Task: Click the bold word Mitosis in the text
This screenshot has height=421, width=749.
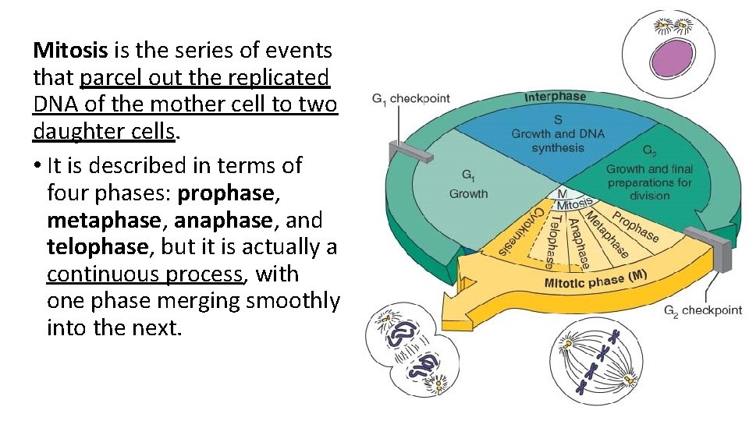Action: tap(71, 51)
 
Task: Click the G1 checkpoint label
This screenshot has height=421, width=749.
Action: tap(411, 98)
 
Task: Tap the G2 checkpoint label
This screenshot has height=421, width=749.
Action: tap(703, 310)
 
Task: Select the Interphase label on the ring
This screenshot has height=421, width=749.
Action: tap(555, 97)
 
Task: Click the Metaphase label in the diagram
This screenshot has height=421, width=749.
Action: tap(606, 235)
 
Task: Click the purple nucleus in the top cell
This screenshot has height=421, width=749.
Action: tap(672, 57)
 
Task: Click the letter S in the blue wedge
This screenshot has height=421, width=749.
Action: tap(558, 120)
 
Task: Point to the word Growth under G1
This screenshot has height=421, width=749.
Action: tap(468, 194)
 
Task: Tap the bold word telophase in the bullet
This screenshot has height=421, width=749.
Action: tap(97, 247)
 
